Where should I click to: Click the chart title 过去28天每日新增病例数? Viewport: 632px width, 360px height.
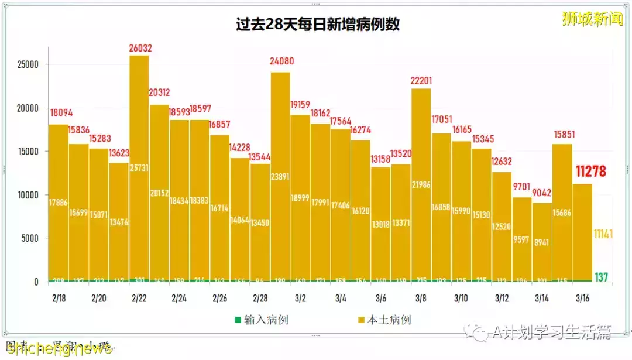tap(317, 25)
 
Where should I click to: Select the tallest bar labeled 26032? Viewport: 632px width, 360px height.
tap(139, 170)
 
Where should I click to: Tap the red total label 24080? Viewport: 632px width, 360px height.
tap(280, 60)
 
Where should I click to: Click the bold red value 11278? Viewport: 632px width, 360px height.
tap(590, 171)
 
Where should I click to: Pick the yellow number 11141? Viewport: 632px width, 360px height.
tap(603, 234)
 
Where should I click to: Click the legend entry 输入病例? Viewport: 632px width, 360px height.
tap(262, 320)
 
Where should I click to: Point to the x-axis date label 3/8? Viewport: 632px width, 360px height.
tap(420, 298)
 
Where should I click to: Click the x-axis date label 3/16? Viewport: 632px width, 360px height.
tap(582, 298)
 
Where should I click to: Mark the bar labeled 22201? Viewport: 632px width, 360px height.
tap(421, 187)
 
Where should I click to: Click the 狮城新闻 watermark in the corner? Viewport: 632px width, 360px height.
tap(592, 19)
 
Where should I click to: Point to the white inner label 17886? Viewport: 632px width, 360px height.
tap(59, 203)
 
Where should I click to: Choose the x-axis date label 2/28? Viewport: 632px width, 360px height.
tap(260, 298)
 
